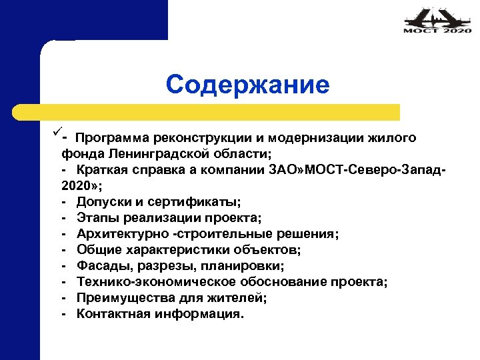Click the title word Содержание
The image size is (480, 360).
[248, 85]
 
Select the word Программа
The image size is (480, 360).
[113, 138]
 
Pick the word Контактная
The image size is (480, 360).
[112, 314]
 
